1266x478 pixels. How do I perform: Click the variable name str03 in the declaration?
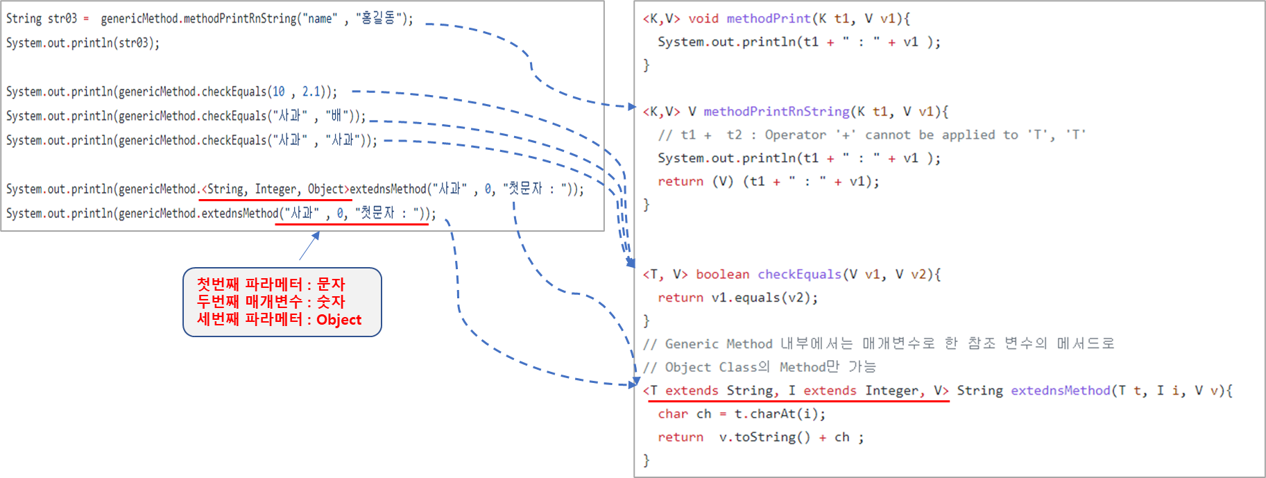pos(62,19)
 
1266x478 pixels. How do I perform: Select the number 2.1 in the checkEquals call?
pos(311,92)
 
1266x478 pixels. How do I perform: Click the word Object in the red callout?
pos(339,320)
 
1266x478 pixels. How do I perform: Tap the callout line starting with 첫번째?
pos(271,284)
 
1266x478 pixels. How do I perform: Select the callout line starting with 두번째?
pos(271,302)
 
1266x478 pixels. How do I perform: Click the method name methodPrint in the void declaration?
pos(768,19)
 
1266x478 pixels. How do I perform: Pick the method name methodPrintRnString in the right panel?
pos(776,112)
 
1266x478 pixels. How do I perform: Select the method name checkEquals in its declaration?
pos(799,275)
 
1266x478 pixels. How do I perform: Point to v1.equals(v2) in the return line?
pos(764,298)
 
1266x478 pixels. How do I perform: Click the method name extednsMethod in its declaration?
pos(1060,391)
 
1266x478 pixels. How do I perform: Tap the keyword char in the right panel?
pos(673,414)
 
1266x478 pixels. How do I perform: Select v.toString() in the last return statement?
pos(764,437)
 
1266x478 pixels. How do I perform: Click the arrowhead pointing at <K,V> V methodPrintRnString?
pos(631,107)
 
